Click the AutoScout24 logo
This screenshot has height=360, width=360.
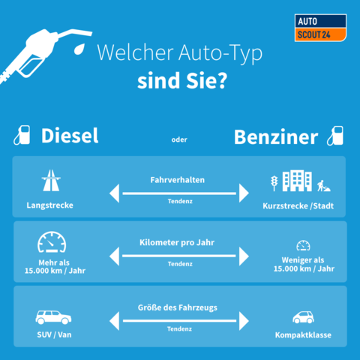(x=320, y=28)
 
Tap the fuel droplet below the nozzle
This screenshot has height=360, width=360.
(x=79, y=49)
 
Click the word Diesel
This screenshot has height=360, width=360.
(x=70, y=136)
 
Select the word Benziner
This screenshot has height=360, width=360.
(x=276, y=137)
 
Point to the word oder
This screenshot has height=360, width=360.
(x=179, y=139)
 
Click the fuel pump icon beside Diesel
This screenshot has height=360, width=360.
(x=22, y=135)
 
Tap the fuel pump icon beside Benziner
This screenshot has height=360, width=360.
(x=335, y=136)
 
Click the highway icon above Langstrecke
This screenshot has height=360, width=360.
(x=51, y=181)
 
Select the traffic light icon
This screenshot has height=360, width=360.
(x=274, y=183)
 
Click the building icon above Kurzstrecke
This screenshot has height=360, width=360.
(x=297, y=181)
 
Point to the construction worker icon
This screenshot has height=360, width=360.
(x=323, y=186)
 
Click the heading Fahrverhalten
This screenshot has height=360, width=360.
(x=178, y=180)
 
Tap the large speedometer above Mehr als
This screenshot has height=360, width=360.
(x=52, y=241)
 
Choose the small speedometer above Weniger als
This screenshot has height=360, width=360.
(x=303, y=245)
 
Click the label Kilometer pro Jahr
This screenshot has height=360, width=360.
(x=177, y=242)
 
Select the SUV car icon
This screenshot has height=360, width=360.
(x=53, y=317)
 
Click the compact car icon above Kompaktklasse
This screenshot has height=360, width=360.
(x=303, y=317)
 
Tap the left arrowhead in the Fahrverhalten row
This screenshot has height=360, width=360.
(x=115, y=193)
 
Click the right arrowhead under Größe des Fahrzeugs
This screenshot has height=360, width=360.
(x=244, y=321)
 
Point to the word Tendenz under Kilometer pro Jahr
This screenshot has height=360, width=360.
(x=180, y=264)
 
